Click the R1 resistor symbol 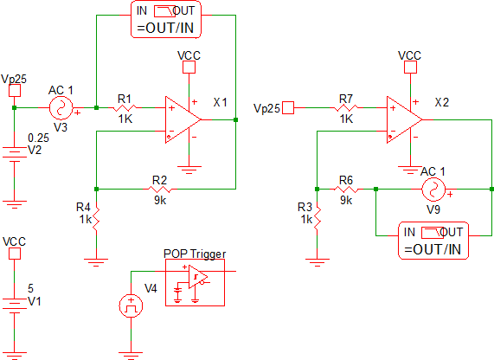point(125,108)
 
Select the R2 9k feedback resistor point(160,190)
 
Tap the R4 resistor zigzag point(96,218)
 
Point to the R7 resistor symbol point(346,108)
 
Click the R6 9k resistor point(346,190)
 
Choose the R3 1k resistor point(318,218)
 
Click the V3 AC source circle point(61,108)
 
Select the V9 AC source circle point(433,190)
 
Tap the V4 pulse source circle point(131,305)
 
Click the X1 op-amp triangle point(183,119)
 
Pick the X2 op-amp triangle point(404,119)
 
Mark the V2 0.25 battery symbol point(15,154)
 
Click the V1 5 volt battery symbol point(15,305)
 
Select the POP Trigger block point(195,282)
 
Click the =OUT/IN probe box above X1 point(166,20)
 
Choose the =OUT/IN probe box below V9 point(433,241)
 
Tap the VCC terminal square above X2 point(410,67)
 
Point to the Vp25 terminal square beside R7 point(288,108)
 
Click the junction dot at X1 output point(235,119)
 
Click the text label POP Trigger point(195,254)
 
